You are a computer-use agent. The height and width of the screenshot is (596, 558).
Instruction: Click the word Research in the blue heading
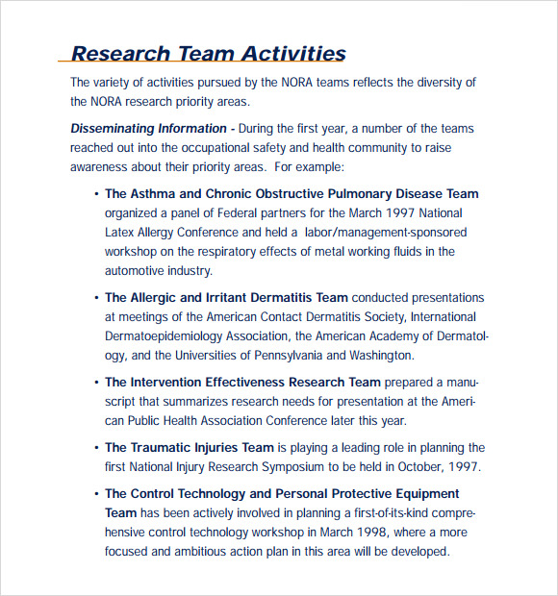point(119,54)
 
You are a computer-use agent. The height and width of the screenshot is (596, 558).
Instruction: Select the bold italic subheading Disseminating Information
point(148,129)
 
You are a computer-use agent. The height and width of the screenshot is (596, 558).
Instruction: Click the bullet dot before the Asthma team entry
point(96,194)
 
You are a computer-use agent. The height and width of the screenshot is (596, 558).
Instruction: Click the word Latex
point(122,233)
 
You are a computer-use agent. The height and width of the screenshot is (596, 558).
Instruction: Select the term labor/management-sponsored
point(385,233)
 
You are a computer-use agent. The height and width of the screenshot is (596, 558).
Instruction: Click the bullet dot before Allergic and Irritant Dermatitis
point(96,298)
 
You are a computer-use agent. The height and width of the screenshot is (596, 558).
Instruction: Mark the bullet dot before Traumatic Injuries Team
point(96,448)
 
